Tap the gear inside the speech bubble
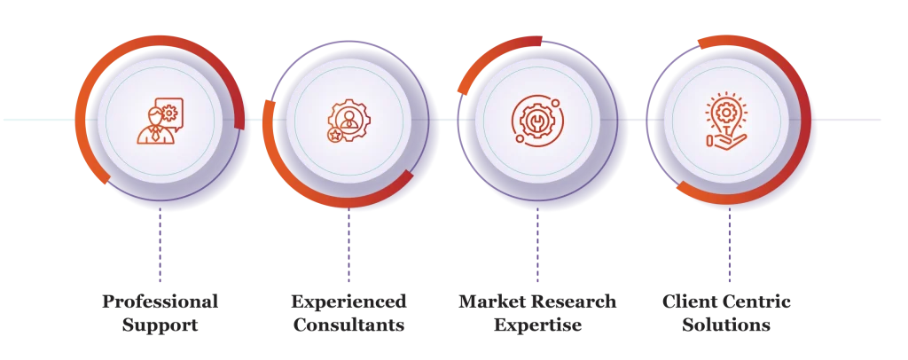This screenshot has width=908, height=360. pos(169,113)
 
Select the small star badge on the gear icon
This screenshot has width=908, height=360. pos(335,135)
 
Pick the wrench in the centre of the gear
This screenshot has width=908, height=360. pos(536,119)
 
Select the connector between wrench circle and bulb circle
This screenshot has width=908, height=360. pos(640,119)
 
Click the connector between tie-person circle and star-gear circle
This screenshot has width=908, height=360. pos(257,119)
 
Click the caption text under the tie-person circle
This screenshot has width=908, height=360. pos(160,313)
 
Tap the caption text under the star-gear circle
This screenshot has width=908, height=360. pos(349,313)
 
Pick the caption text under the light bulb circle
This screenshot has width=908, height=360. pos(726,313)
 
